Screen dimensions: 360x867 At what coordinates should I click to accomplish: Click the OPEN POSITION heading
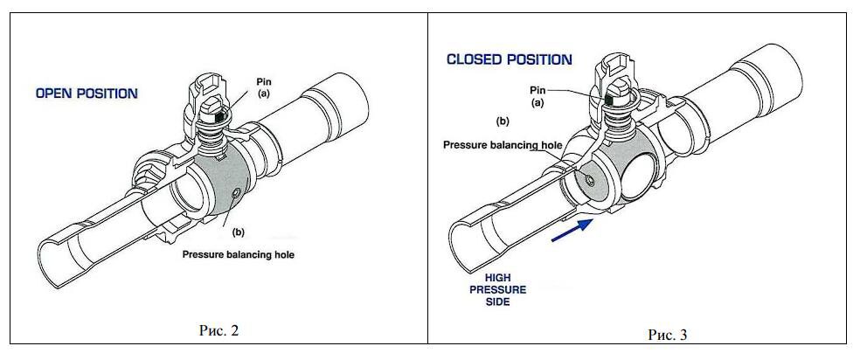[87, 93]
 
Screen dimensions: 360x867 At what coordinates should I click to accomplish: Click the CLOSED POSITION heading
[509, 59]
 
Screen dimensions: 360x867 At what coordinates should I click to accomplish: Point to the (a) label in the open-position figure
[265, 93]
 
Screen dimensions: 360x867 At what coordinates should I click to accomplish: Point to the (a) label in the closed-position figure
[538, 102]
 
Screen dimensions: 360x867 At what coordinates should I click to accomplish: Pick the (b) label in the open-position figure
[239, 232]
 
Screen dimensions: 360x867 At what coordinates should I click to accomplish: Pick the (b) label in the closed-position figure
[503, 121]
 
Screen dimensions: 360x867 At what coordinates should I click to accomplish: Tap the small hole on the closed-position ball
[590, 180]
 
